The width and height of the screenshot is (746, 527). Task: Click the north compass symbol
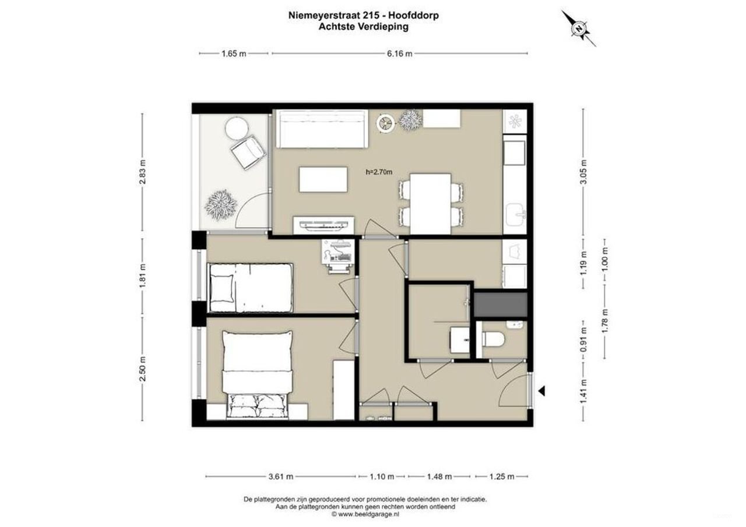579,27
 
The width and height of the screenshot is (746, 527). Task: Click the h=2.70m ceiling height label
378,172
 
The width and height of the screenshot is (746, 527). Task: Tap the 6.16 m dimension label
400,54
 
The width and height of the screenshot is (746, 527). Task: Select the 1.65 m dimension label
234,54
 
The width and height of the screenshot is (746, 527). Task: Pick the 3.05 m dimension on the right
583,172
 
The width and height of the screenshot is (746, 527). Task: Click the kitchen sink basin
515,215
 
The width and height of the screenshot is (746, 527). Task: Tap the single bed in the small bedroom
251,288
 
